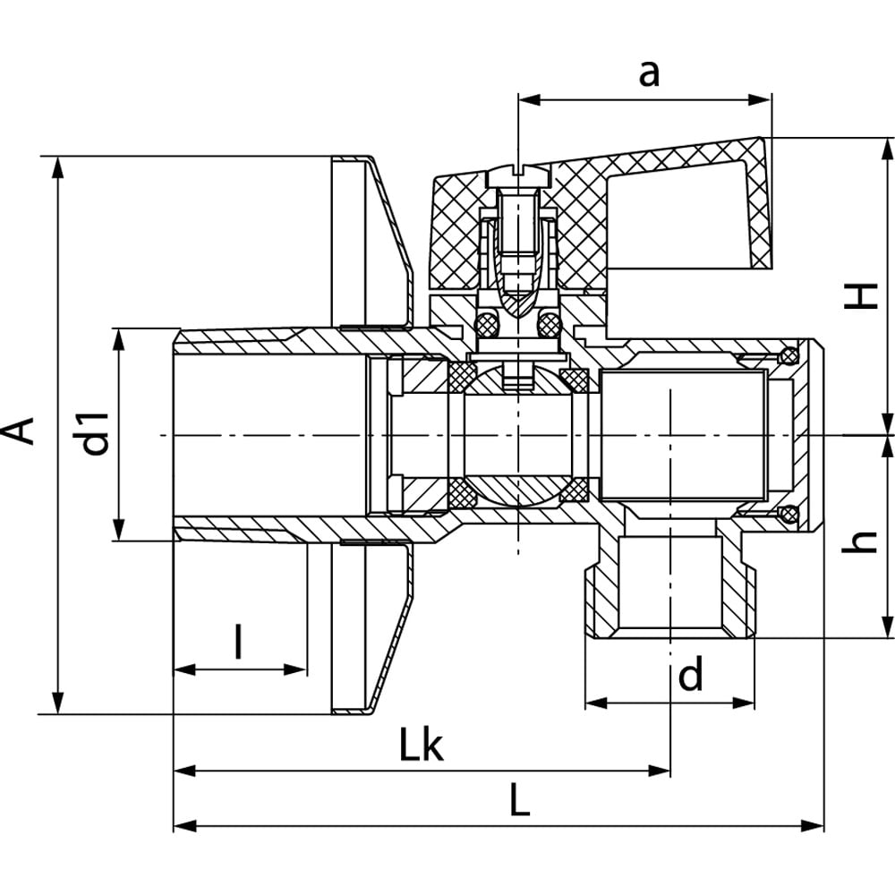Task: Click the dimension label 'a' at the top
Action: click(649, 73)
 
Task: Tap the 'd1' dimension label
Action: click(95, 431)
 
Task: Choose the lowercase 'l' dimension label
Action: click(238, 642)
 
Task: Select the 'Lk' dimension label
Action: click(421, 746)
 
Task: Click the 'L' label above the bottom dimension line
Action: click(520, 800)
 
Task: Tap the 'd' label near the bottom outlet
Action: click(690, 676)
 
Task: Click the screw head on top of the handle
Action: click(518, 169)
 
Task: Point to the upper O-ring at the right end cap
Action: click(788, 355)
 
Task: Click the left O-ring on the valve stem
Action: click(487, 324)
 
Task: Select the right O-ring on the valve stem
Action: click(549, 324)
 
